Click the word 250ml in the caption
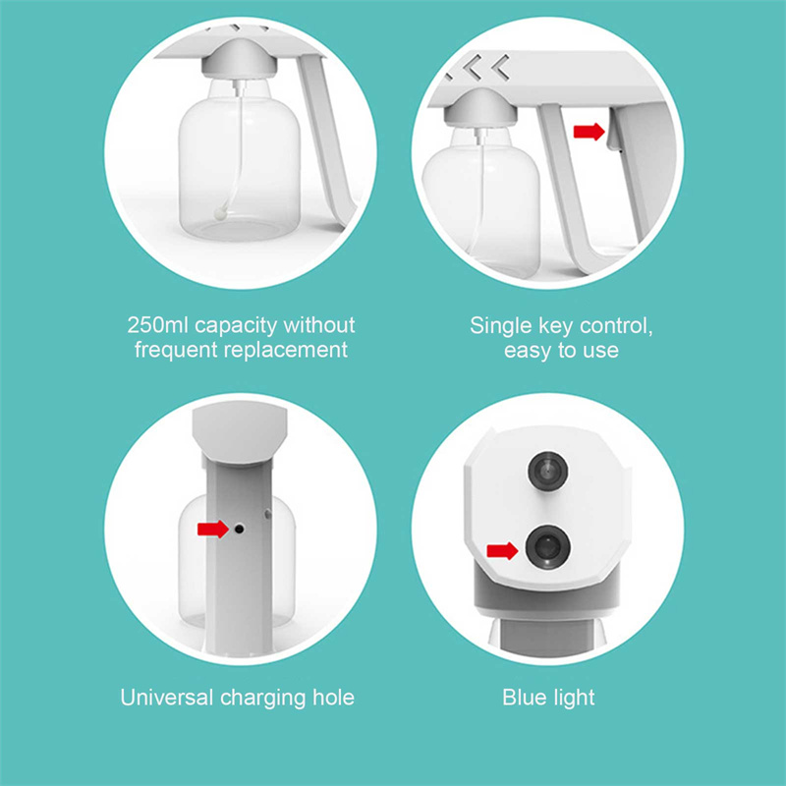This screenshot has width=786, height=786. [x=157, y=325]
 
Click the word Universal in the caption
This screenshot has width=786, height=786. [x=167, y=698]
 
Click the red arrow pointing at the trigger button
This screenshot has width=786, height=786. [x=589, y=132]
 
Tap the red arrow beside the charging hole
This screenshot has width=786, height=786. [x=212, y=529]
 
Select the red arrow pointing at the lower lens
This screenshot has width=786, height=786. [x=502, y=551]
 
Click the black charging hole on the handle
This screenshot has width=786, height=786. [x=239, y=529]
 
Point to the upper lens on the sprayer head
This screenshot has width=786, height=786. [x=547, y=472]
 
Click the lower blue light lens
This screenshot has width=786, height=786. [x=547, y=547]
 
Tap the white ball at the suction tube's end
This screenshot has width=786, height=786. [x=219, y=214]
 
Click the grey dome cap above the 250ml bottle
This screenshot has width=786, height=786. [x=238, y=60]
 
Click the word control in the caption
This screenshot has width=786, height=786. [x=616, y=326]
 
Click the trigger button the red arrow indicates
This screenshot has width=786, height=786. [x=612, y=131]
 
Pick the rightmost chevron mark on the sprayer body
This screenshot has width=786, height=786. [x=501, y=67]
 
